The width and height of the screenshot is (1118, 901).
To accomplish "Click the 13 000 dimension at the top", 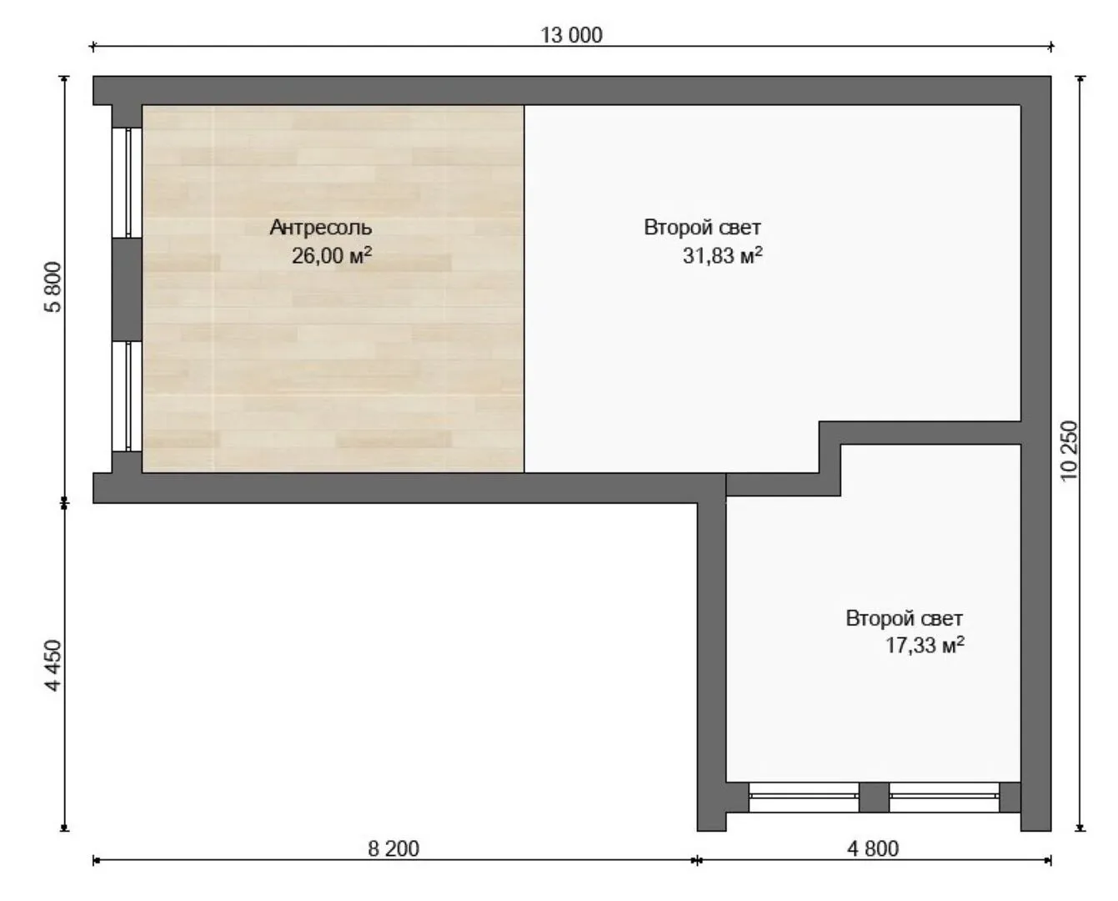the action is pyautogui.click(x=571, y=35).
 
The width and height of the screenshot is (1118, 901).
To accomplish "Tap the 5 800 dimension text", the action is pyautogui.click(x=53, y=287).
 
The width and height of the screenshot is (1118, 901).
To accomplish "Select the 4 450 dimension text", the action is pyautogui.click(x=53, y=666).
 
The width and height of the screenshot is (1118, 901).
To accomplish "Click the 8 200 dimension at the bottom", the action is pyautogui.click(x=394, y=849).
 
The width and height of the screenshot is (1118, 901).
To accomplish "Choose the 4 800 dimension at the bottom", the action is pyautogui.click(x=873, y=849).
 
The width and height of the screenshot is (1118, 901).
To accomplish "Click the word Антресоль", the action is pyautogui.click(x=320, y=228).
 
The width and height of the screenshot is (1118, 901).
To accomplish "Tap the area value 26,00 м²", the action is pyautogui.click(x=332, y=255).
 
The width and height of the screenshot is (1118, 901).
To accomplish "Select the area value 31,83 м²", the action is pyautogui.click(x=723, y=255).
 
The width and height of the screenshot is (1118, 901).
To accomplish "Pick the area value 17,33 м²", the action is pyautogui.click(x=925, y=645).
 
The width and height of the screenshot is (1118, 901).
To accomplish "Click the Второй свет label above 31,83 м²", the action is pyautogui.click(x=702, y=228).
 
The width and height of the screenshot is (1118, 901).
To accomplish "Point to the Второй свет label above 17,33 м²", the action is pyautogui.click(x=905, y=618).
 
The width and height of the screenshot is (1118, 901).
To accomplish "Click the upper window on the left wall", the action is pyautogui.click(x=127, y=183).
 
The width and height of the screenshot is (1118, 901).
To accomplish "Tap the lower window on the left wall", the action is pyautogui.click(x=127, y=396).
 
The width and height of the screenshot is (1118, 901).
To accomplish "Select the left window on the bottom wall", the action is pyautogui.click(x=804, y=797).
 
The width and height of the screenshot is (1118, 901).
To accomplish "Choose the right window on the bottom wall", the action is pyautogui.click(x=944, y=797).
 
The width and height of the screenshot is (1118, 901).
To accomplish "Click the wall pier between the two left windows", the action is pyautogui.click(x=127, y=289).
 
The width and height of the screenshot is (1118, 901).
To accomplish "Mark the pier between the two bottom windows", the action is pyautogui.click(x=874, y=797).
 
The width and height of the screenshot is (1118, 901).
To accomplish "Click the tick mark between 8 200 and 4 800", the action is pyautogui.click(x=697, y=860).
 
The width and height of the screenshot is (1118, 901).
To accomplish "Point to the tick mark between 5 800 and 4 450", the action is pyautogui.click(x=64, y=503).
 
